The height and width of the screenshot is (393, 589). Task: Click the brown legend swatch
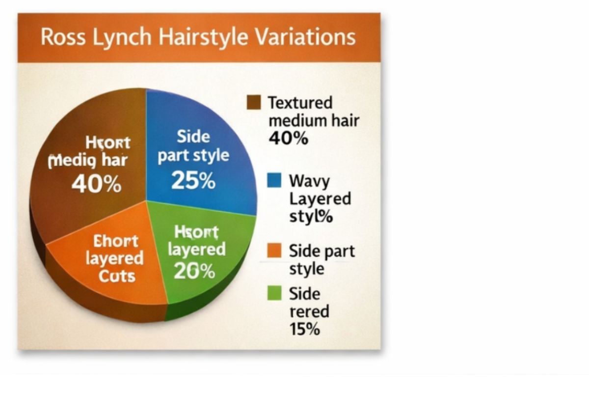255,102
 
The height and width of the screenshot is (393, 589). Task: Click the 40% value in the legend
288,139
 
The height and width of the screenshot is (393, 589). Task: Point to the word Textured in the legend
300,103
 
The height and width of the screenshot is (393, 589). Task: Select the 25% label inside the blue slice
193,181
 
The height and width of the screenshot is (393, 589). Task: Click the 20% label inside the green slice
195,271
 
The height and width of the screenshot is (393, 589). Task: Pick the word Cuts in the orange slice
116,276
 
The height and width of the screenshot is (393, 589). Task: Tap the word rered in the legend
309,311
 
